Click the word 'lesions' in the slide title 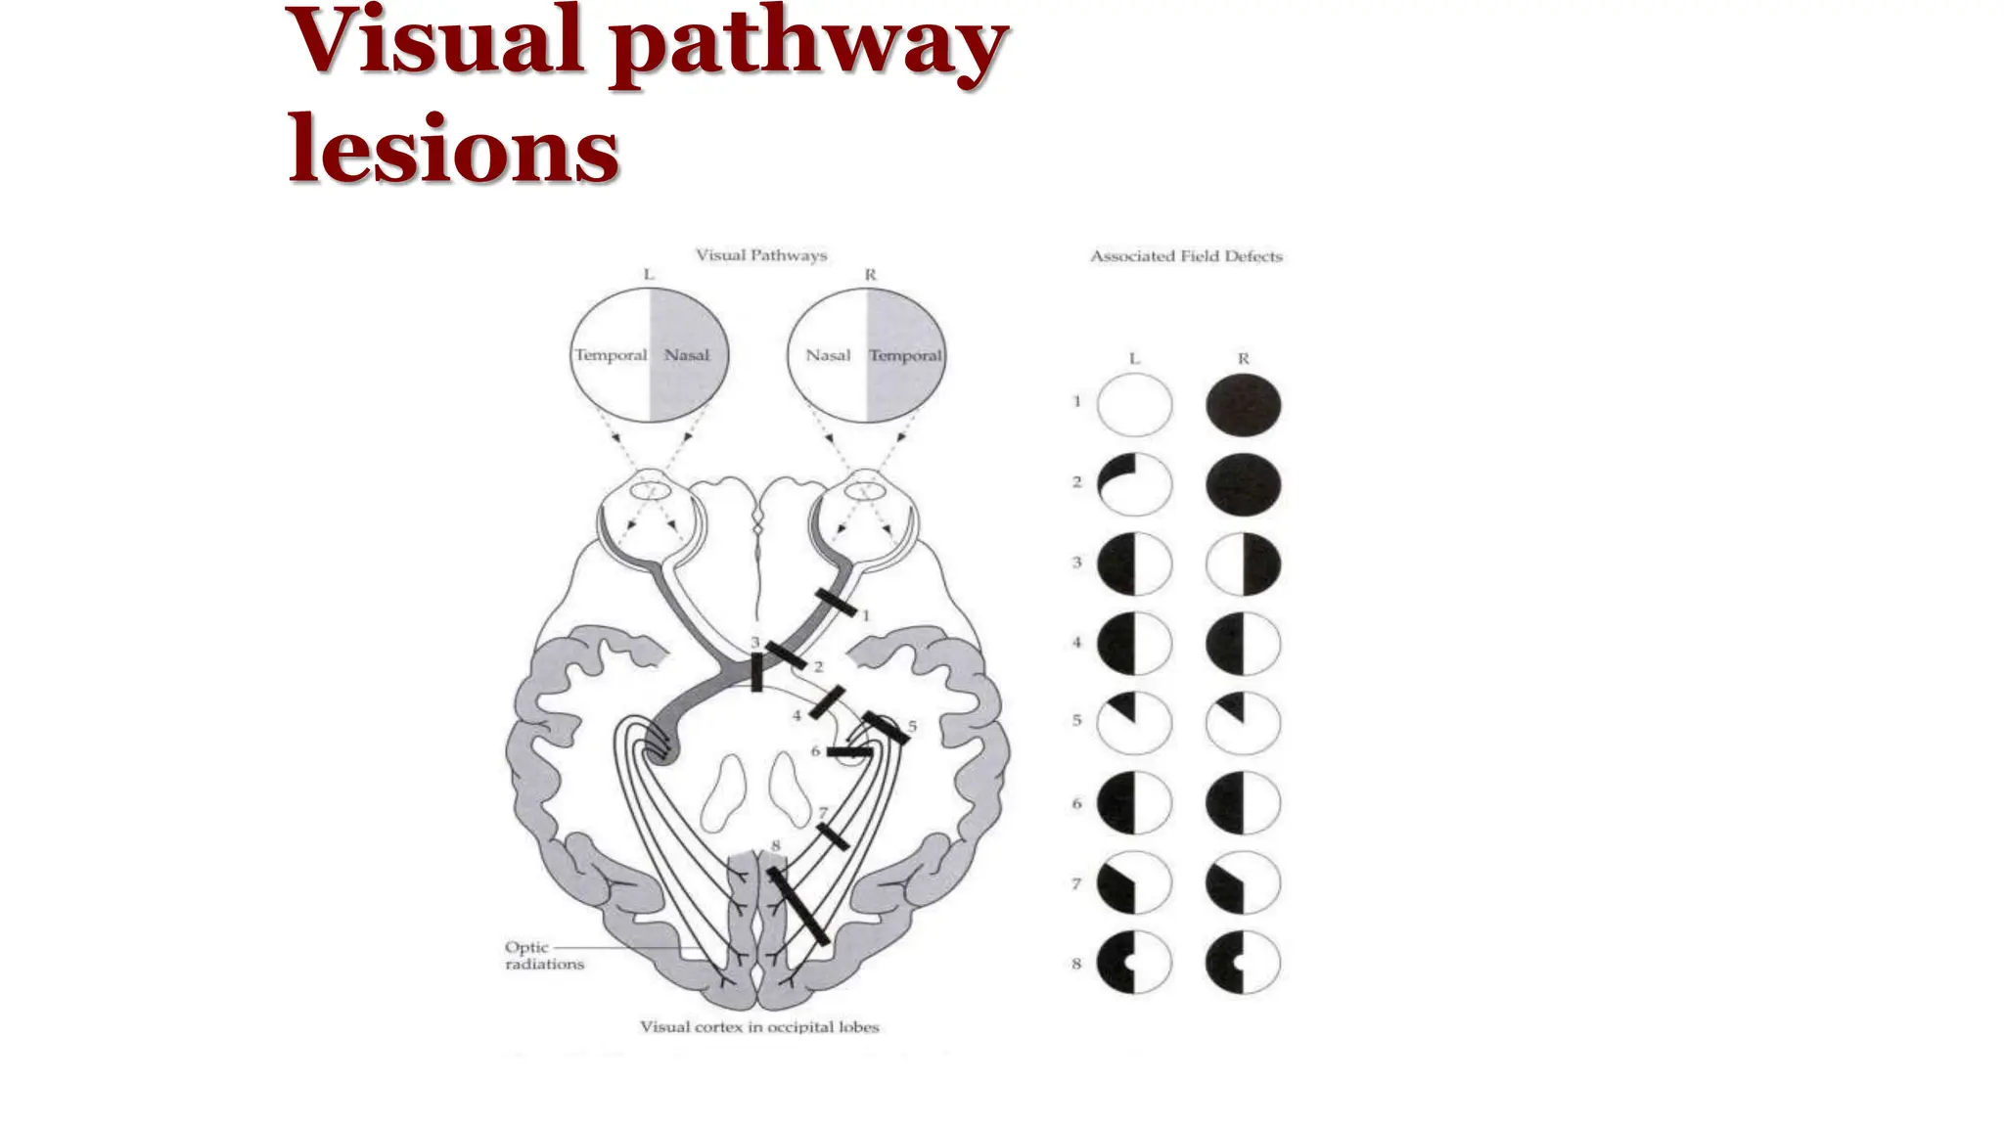453,149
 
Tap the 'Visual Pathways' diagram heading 761,255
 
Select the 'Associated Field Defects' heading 1186,256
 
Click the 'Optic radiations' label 544,956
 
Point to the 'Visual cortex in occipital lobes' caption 759,1027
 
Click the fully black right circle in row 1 1243,404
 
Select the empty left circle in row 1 1134,404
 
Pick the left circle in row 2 1134,484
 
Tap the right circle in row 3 1243,564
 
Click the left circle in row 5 1134,724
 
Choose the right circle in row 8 1243,963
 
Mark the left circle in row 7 1134,883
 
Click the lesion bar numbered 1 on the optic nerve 837,604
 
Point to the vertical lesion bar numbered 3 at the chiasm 756,672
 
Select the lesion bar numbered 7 833,837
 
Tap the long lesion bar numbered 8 797,905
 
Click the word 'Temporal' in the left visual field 611,355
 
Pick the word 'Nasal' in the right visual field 828,355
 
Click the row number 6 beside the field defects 1076,804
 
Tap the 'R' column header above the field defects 1243,359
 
